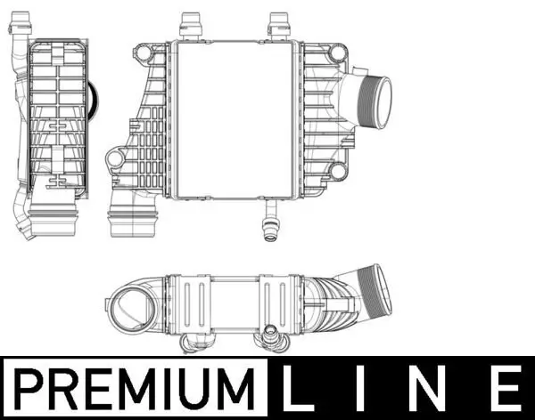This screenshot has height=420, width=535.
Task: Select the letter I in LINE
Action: [367, 389]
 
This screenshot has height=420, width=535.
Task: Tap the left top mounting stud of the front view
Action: [188, 23]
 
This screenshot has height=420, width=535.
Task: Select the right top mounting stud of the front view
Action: [279, 23]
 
